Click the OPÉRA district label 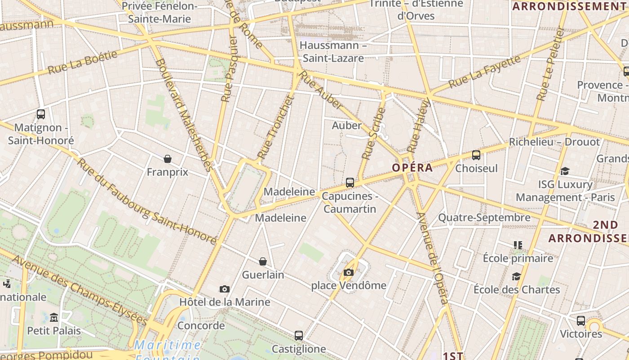[412, 168]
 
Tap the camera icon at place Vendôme [348, 272]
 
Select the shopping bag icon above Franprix [168, 158]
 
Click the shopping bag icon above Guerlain [263, 261]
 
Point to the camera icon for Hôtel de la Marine [225, 289]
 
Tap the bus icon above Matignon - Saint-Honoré [41, 114]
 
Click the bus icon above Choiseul [476, 155]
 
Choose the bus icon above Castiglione [299, 335]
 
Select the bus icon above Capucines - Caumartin [350, 183]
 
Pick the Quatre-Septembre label [484, 218]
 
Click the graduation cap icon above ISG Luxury [565, 171]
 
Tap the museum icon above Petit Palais [54, 317]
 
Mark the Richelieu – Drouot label [554, 142]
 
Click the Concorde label [201, 325]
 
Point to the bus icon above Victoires [581, 321]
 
